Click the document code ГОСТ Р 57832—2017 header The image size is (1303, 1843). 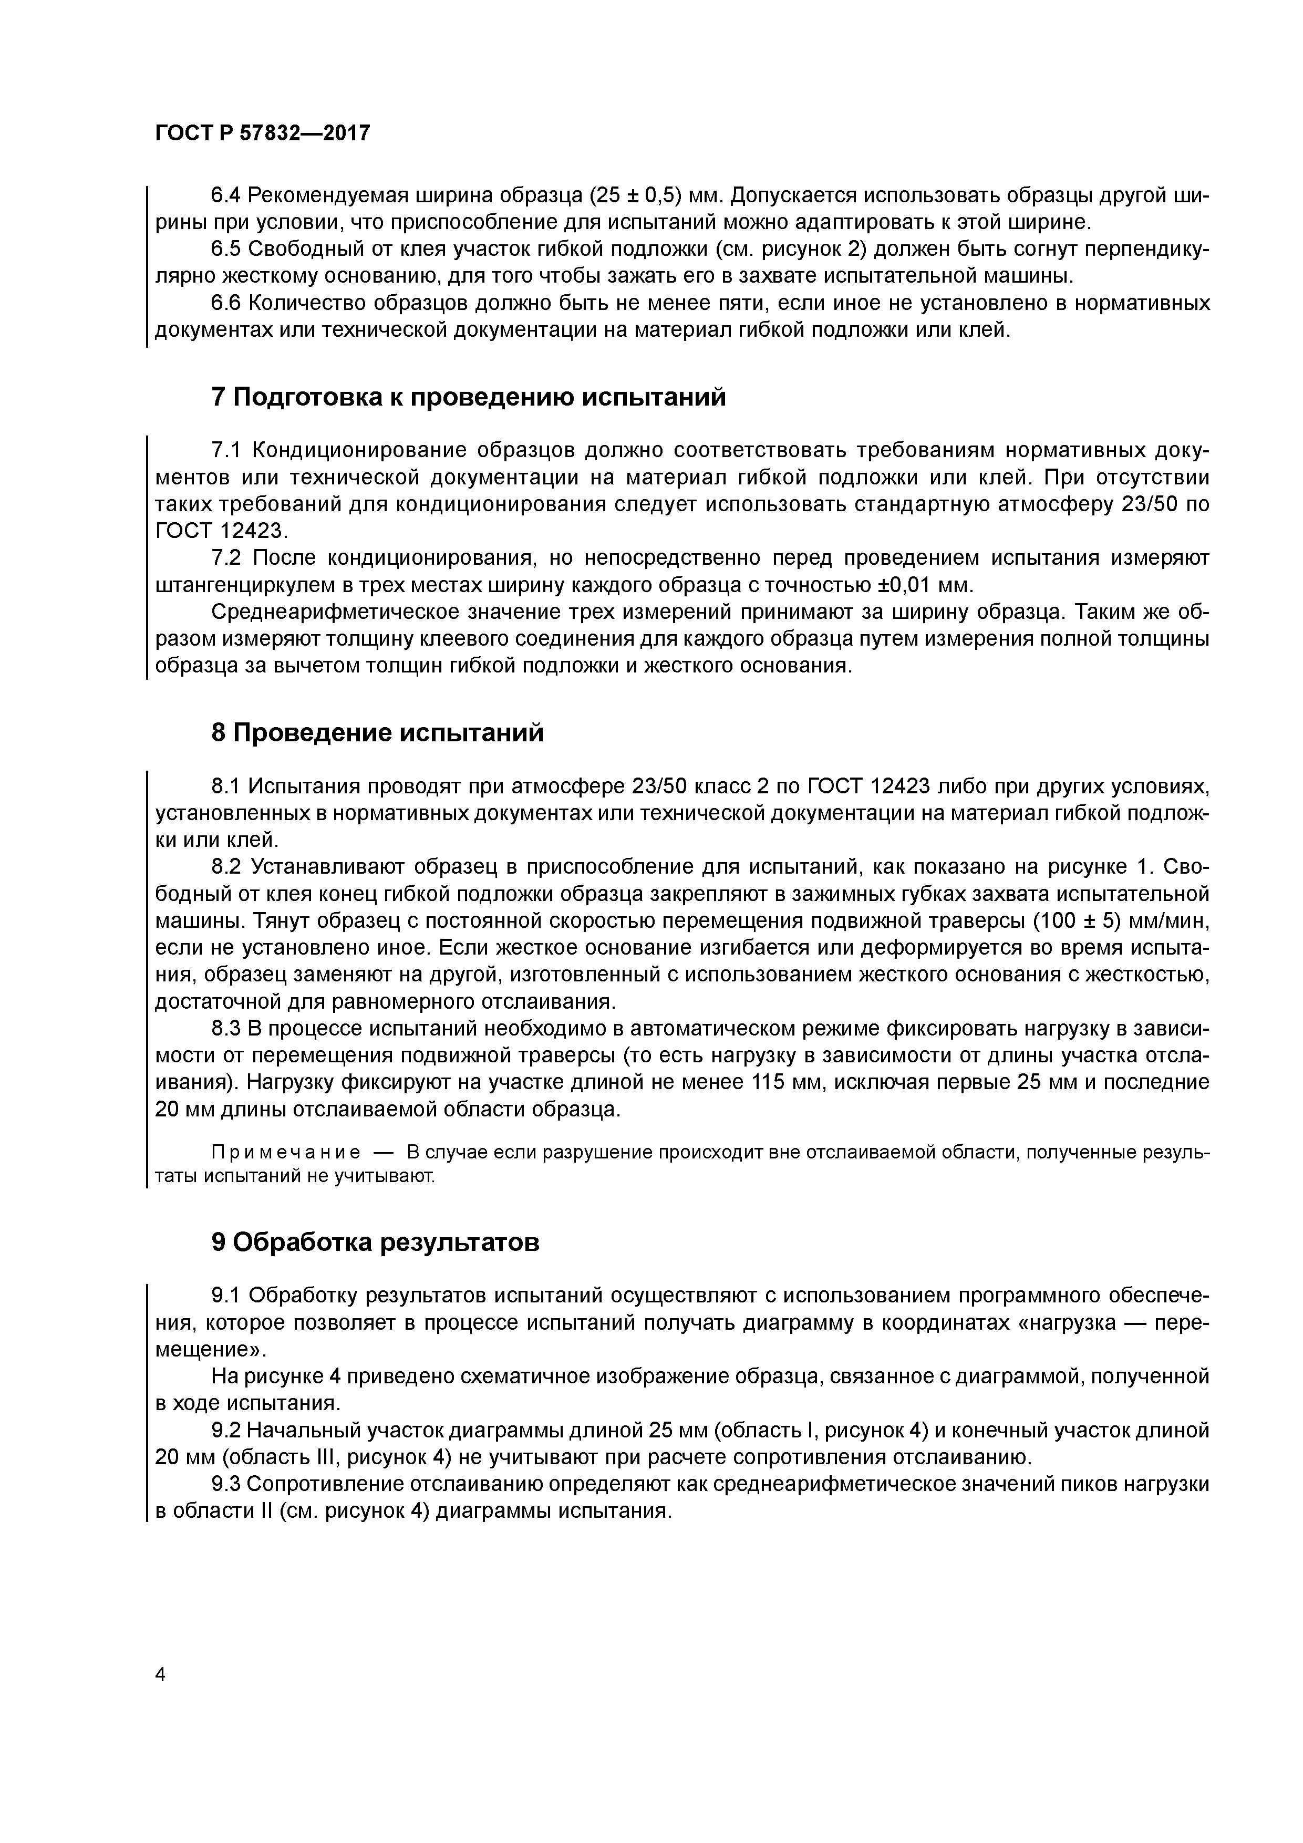tap(263, 133)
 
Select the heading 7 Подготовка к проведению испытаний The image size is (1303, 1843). tap(468, 397)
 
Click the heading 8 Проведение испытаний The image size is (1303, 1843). tap(377, 732)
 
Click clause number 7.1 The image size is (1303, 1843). tap(227, 451)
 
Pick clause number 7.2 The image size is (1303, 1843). tap(227, 558)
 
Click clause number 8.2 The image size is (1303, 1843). tap(227, 867)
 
